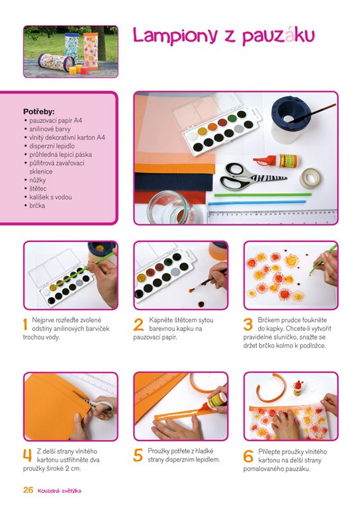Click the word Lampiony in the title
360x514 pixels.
click(175, 36)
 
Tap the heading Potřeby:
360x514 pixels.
click(39, 112)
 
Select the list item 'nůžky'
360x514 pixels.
click(37, 180)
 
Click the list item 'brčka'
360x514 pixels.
click(37, 206)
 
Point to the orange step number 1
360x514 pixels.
click(25, 324)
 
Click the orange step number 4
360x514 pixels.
click(28, 455)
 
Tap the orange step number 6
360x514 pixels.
click(248, 456)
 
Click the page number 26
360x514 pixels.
click(28, 490)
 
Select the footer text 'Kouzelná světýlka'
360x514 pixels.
click(60, 491)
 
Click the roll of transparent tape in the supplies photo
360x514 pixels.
click(310, 179)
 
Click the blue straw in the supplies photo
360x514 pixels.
click(257, 202)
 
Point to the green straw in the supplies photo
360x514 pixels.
click(263, 194)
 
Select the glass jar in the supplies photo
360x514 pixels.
click(171, 208)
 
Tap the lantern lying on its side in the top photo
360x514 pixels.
click(53, 62)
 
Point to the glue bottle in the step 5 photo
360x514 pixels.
click(216, 400)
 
